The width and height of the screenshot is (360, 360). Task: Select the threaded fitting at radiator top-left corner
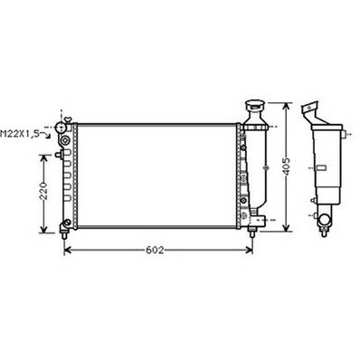[x=62, y=127]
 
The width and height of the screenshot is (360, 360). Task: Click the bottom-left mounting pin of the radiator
[x=64, y=223]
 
